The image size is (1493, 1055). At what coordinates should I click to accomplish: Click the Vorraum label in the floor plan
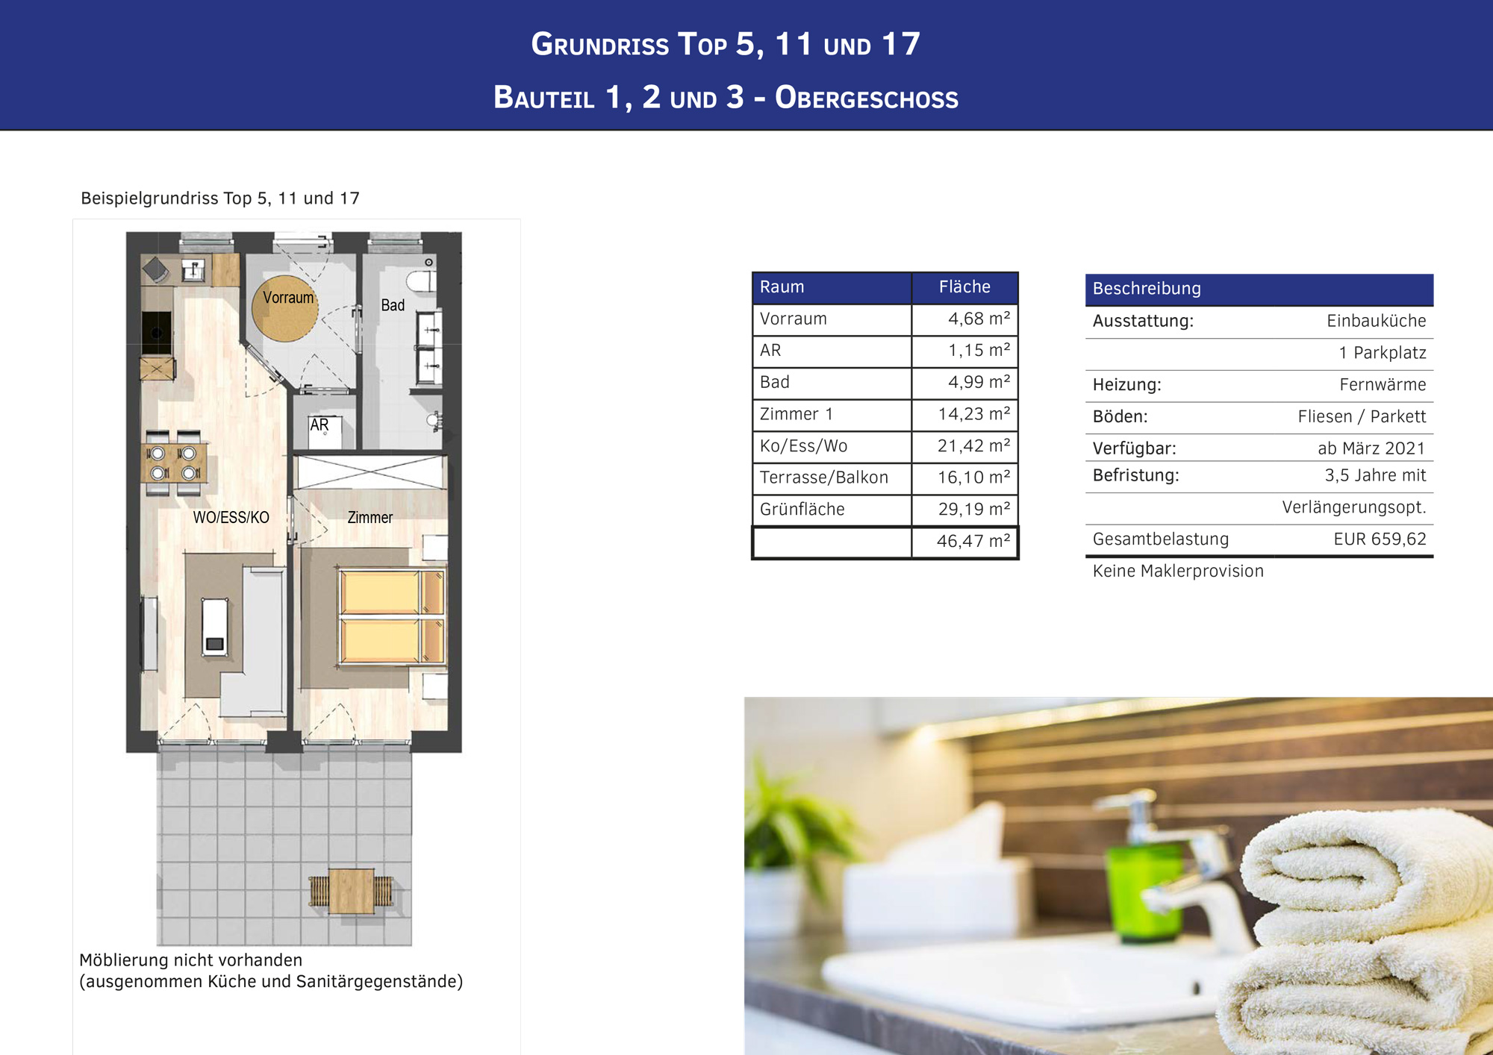[287, 298]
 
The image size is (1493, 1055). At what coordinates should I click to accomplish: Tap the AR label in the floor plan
[320, 425]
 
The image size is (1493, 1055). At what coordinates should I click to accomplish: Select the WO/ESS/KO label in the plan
[231, 518]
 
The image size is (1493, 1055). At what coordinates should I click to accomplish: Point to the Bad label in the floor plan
[393, 305]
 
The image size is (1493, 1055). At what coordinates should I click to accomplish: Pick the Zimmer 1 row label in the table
[796, 414]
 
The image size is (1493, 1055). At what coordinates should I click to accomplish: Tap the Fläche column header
[964, 287]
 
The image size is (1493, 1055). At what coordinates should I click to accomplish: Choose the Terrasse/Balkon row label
[824, 478]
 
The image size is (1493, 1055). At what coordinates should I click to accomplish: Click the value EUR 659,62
[1380, 539]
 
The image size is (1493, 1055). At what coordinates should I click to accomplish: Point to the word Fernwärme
[1383, 385]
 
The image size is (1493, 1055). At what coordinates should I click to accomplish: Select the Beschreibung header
[1147, 289]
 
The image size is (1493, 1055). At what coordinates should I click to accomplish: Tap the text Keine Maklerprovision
[1178, 571]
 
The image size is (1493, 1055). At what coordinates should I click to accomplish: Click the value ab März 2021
[1371, 448]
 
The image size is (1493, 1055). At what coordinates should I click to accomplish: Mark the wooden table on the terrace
[352, 891]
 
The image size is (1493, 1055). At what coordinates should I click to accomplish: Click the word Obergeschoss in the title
[866, 98]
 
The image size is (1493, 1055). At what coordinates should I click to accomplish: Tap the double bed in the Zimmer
[391, 616]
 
